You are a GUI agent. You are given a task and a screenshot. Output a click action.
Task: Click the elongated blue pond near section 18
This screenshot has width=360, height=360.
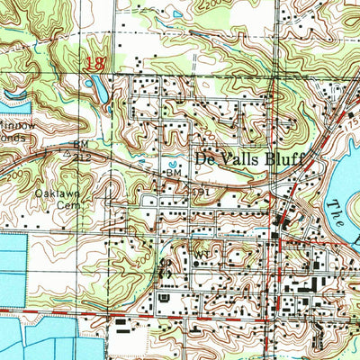coord(96,88)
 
